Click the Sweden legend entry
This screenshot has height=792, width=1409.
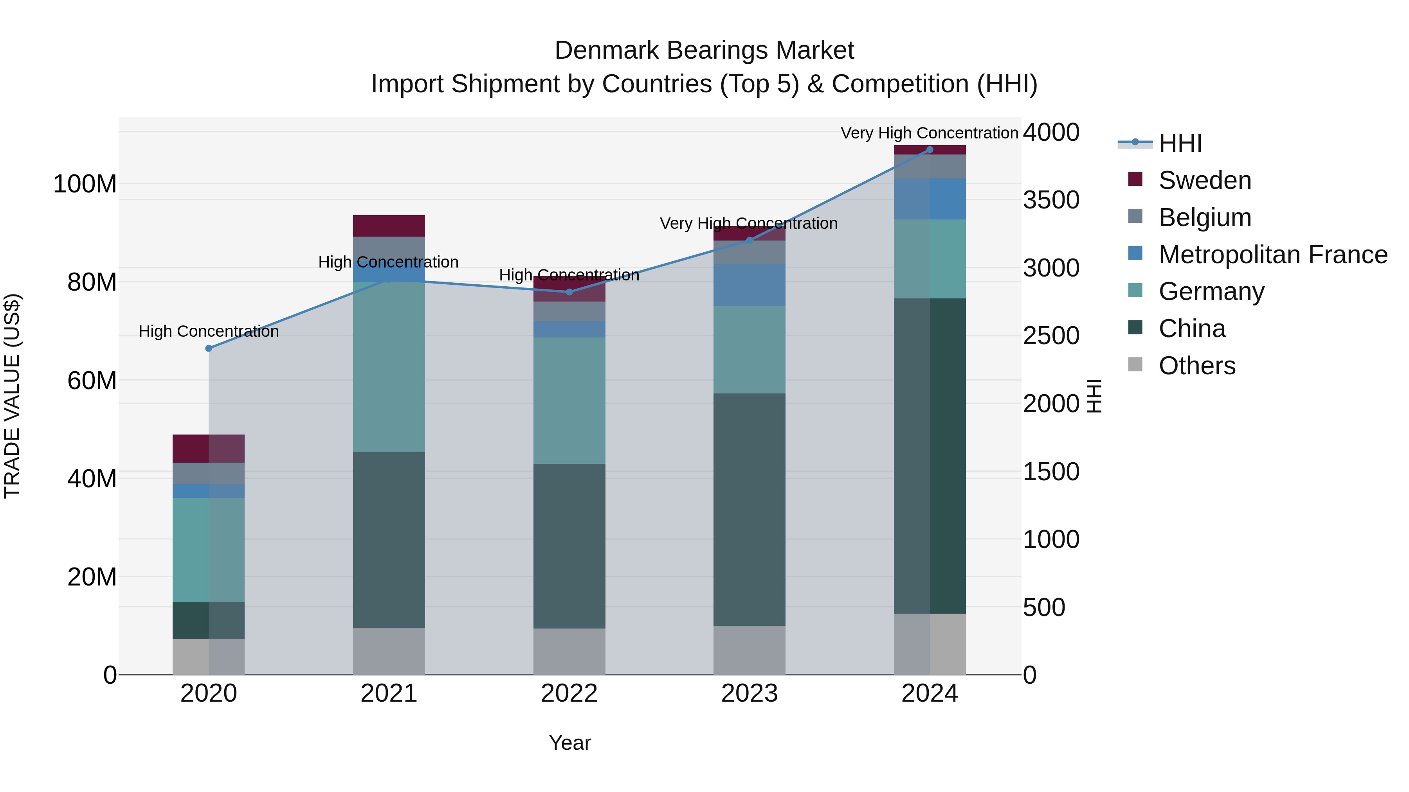click(x=1204, y=180)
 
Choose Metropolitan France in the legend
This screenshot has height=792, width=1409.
click(x=1273, y=255)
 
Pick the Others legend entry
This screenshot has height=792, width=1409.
click(x=1197, y=366)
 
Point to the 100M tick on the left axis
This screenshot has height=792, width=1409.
click(x=85, y=184)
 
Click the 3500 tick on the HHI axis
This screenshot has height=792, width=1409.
click(x=1051, y=200)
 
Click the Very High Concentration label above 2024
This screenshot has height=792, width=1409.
click(x=929, y=133)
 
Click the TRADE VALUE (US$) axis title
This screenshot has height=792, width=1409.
click(x=12, y=396)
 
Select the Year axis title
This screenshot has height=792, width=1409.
click(x=569, y=743)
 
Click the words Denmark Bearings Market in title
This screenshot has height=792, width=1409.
click(x=704, y=50)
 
